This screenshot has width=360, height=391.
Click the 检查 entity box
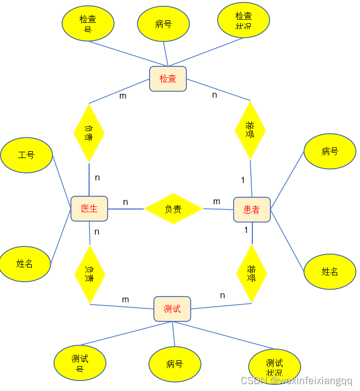pyautogui.click(x=168, y=79)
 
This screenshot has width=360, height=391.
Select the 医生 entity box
pyautogui.click(x=89, y=208)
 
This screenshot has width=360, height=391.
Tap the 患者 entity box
pyautogui.click(x=252, y=210)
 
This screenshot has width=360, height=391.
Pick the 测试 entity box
pyautogui.click(x=172, y=309)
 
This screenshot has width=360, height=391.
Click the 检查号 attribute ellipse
pyautogui.click(x=88, y=23)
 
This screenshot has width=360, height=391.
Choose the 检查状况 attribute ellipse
pyautogui.click(x=244, y=21)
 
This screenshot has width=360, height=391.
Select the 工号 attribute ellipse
pyautogui.click(x=27, y=155)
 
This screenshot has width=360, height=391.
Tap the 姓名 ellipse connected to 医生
pyautogui.click(x=25, y=263)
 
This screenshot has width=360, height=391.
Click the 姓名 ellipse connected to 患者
pyautogui.click(x=329, y=272)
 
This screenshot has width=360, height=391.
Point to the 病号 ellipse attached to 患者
pyautogui.click(x=329, y=152)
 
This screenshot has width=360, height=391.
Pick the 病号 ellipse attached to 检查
pyautogui.click(x=164, y=24)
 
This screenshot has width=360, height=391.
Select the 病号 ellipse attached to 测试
pyautogui.click(x=174, y=364)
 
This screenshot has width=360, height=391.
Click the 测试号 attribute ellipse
pyautogui.click(x=80, y=363)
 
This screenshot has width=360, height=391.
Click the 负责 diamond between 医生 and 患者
pyautogui.click(x=173, y=209)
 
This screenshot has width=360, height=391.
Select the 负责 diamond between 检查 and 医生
pyautogui.click(x=89, y=133)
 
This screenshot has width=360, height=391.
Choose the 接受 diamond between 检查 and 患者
pyautogui.click(x=250, y=130)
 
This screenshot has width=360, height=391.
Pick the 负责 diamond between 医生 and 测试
pyautogui.click(x=90, y=274)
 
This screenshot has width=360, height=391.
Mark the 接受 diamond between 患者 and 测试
pyautogui.click(x=251, y=274)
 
